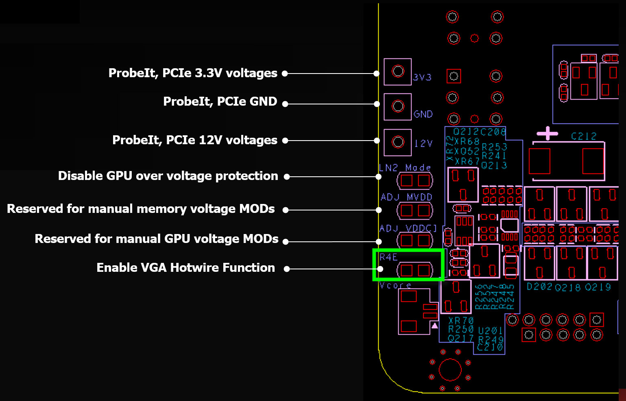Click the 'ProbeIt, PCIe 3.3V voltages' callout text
click(193, 73)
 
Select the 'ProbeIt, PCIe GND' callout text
click(220, 102)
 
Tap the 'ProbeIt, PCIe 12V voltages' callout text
click(195, 140)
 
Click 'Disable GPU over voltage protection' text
click(168, 176)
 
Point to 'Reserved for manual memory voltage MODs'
click(141, 209)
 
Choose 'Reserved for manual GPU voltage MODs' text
click(157, 239)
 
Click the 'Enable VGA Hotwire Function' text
click(185, 268)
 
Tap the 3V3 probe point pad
click(398, 72)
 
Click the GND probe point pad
click(398, 106)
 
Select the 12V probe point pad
click(398, 142)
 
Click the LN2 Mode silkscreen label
click(405, 168)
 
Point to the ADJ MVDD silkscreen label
click(406, 197)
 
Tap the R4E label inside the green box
click(388, 257)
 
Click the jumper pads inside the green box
click(415, 270)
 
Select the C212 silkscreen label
click(584, 136)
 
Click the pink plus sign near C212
click(547, 133)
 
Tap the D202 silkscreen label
click(539, 287)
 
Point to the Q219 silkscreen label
click(598, 288)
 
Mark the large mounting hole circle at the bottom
click(450, 370)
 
